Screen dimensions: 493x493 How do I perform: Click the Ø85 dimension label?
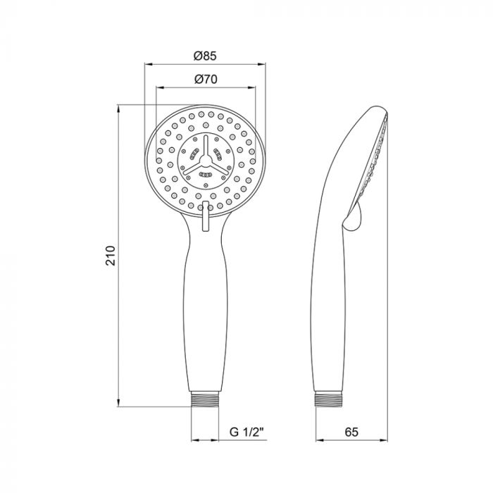[205, 56]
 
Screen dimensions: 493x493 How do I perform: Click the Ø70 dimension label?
[206, 79]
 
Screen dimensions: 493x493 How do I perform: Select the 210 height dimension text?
[111, 256]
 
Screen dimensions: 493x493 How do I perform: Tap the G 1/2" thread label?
[246, 432]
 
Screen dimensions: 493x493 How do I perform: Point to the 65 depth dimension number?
[351, 432]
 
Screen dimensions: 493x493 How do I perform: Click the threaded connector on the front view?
[205, 399]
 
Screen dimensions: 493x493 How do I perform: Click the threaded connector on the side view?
[329, 399]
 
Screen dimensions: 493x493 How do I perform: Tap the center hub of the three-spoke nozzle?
[206, 161]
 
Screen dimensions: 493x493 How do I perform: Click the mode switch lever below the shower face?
[206, 216]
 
